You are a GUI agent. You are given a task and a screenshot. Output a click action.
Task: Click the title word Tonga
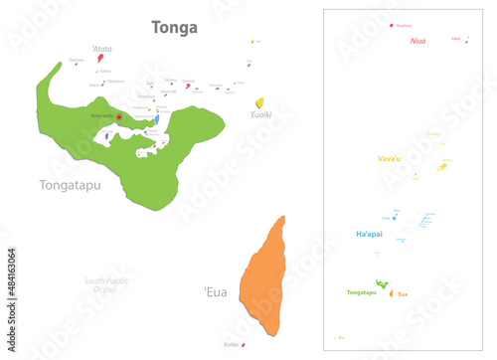(x=174, y=27)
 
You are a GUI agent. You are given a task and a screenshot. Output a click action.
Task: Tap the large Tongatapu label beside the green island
(x=72, y=185)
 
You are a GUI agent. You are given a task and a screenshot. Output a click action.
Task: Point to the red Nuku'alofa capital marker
(x=119, y=116)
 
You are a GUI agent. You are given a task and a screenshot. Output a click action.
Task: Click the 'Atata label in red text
(x=101, y=48)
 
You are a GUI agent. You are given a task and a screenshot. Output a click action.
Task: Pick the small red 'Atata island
(x=100, y=59)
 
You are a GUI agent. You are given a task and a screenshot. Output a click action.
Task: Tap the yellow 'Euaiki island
(x=259, y=102)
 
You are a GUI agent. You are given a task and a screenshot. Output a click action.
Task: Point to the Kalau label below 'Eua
(x=232, y=344)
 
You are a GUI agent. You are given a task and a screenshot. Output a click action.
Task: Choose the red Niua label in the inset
(x=416, y=42)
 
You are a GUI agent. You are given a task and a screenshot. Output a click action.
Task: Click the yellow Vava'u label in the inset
(x=389, y=158)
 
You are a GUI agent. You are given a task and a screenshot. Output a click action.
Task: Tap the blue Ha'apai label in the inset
(x=370, y=234)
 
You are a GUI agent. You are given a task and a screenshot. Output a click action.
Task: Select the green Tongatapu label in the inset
(x=362, y=292)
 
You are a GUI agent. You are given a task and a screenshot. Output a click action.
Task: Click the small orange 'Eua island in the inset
(x=392, y=292)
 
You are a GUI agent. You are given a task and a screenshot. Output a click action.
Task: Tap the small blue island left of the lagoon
(x=106, y=135)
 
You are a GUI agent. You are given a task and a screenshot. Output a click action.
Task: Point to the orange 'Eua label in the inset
(x=403, y=293)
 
